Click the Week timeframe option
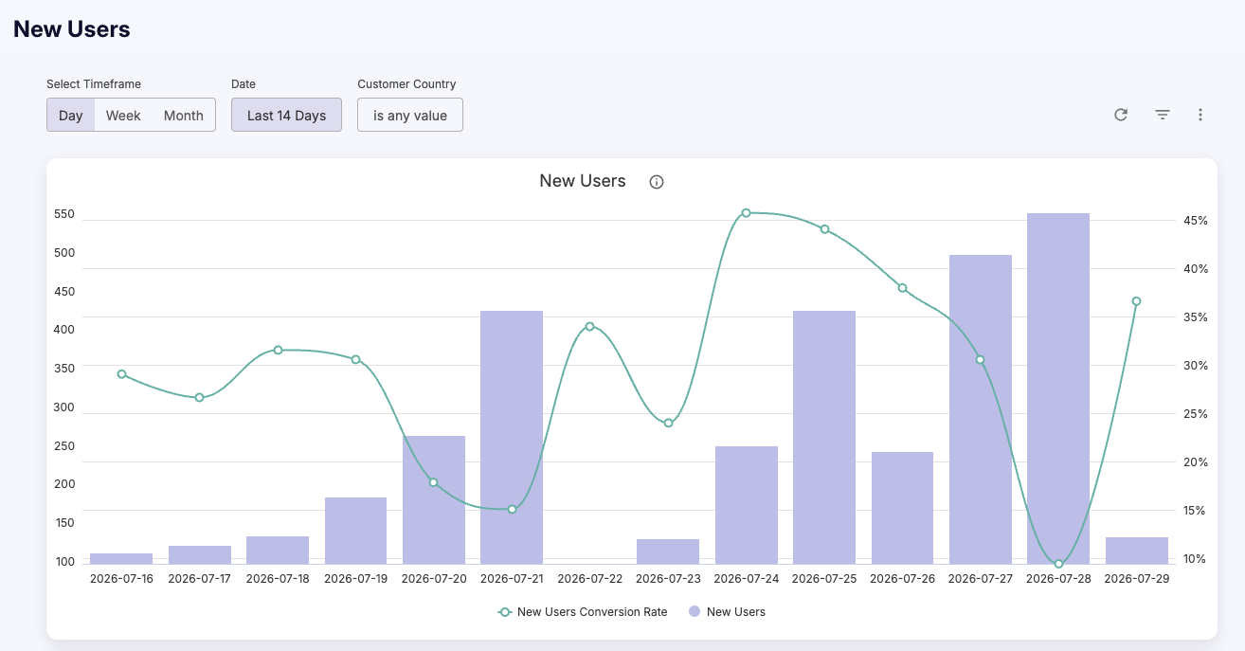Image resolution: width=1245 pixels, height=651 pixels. pos(123,115)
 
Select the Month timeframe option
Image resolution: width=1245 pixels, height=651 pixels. pos(184,115)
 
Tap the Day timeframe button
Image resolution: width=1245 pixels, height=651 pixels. pos(70,115)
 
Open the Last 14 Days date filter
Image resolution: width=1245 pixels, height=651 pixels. pos(286,115)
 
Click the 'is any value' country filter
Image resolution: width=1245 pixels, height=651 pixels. pos(410,115)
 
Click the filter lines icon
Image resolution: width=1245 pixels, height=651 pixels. pos(1163,115)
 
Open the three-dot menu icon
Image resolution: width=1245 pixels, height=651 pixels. pos(1200,115)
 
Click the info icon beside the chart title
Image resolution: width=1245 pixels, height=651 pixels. pos(657,182)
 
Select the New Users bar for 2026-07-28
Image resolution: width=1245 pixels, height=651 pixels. pos(1058,389)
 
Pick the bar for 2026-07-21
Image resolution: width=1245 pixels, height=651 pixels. pos(512,438)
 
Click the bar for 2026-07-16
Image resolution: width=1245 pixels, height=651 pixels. pos(121,559)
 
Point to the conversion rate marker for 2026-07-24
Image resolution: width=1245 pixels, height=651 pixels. pos(747,213)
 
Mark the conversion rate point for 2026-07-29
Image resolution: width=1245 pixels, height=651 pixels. pos(1137,301)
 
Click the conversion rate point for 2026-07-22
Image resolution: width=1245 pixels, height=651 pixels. pos(590,326)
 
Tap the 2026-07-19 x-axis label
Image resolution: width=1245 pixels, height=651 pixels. pos(355,579)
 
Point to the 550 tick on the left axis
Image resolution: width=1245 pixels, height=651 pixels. pos(63,214)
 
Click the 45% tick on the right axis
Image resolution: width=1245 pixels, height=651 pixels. pos(1196,221)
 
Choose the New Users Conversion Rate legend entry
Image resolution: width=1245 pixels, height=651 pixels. pos(583,612)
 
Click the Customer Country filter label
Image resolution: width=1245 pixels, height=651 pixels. pos(406,84)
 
